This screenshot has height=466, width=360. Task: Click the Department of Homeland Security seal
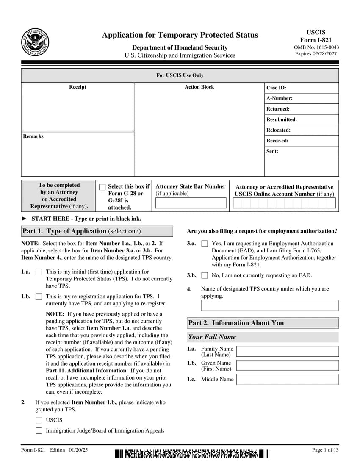point(35,42)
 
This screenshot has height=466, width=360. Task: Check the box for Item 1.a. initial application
point(39,272)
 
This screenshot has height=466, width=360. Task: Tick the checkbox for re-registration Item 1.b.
point(39,297)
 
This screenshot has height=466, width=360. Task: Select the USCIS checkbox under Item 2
point(39,420)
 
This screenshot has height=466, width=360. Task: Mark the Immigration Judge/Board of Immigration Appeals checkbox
point(39,431)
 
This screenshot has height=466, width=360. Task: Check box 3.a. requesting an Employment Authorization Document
point(205,244)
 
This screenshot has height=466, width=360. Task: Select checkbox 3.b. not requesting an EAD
point(205,275)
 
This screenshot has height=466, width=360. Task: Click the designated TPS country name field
point(270,305)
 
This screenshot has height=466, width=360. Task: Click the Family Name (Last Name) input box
point(288,351)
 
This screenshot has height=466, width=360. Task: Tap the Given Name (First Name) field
point(288,366)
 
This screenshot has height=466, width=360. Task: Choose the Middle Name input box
point(288,379)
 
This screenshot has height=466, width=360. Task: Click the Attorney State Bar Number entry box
point(191,203)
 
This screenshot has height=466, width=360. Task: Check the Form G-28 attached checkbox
point(102,187)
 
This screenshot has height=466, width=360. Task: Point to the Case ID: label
point(276,88)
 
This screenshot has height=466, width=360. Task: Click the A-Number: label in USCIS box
point(279,98)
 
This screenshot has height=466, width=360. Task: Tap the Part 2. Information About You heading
point(236,323)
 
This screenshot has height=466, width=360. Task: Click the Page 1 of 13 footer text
point(325,450)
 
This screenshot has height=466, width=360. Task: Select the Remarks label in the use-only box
point(33,136)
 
